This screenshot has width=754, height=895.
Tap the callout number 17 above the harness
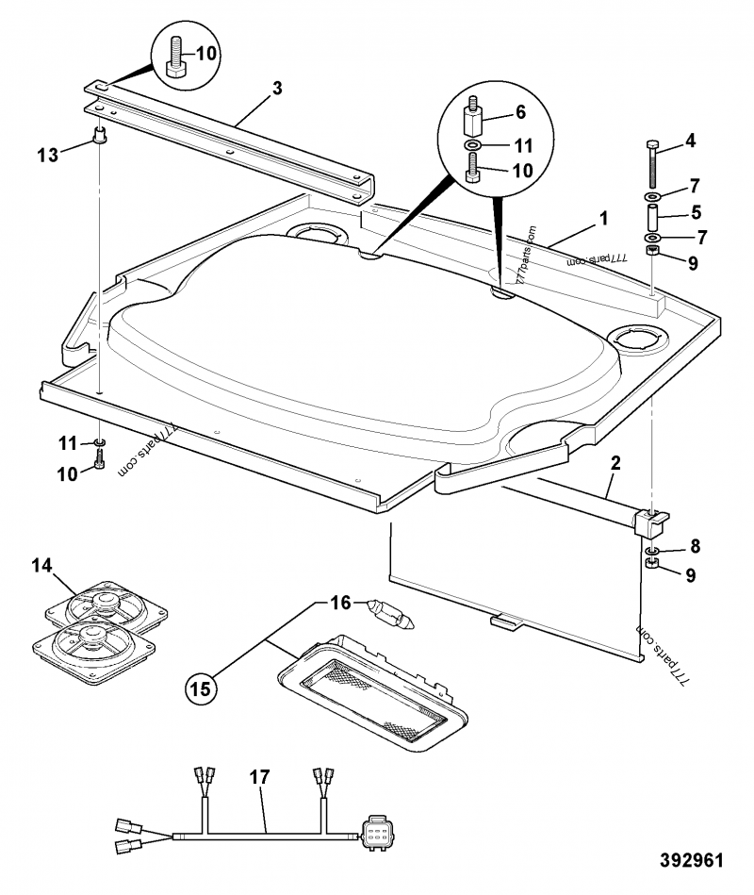259,777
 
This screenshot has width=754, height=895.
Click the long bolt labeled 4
651,165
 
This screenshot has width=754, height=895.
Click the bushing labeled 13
98,136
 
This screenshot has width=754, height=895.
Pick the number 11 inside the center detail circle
522,146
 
